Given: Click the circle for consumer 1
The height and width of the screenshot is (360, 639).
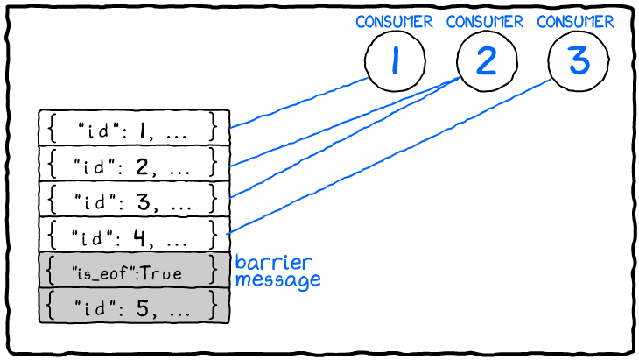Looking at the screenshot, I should tap(394, 61).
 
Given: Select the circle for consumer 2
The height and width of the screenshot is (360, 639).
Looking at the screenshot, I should tap(486, 61).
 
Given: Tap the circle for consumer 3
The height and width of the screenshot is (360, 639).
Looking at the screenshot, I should tap(577, 61).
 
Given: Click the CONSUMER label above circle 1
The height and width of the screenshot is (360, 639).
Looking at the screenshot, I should tap(394, 22).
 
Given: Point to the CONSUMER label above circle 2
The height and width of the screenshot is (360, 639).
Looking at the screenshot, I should tap(485, 22).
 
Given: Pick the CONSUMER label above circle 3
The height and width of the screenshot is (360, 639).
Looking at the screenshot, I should tap(576, 22).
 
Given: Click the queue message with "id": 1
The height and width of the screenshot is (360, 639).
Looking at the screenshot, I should tap(134, 128).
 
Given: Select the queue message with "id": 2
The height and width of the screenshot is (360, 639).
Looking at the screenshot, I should tap(134, 164).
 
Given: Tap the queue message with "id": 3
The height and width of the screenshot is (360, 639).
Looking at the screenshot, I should tap(134, 200).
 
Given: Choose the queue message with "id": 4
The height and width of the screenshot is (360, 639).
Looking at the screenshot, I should tap(134, 235).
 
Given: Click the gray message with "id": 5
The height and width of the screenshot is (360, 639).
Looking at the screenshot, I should tap(134, 307).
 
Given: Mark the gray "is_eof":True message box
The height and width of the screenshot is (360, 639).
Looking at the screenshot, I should tap(134, 272).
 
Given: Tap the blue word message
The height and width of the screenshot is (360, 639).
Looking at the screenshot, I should tap(277, 280).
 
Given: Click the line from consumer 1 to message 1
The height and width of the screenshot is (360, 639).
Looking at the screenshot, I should tap(298, 104).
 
